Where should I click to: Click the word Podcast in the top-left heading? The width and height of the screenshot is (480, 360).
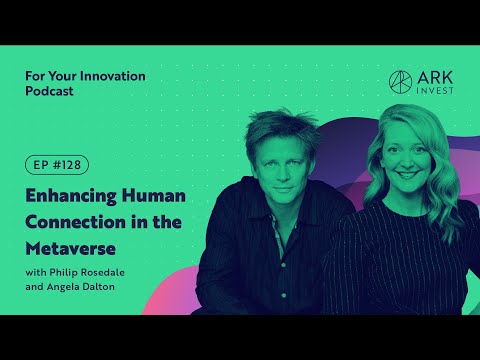[49, 93]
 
